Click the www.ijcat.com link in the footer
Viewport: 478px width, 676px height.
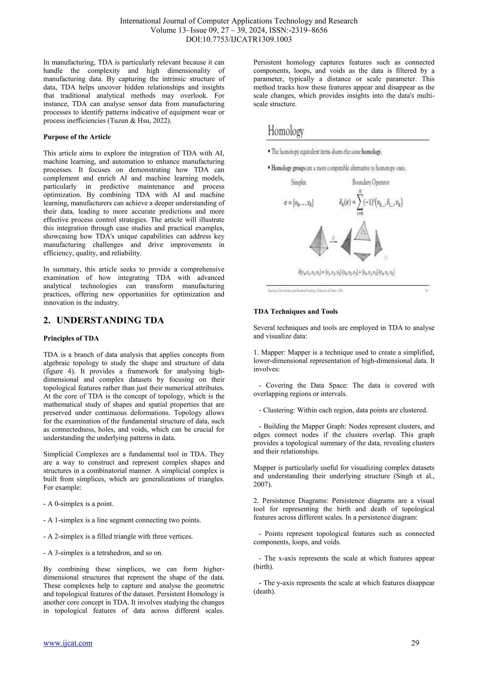68,643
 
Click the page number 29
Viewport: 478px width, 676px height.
415,642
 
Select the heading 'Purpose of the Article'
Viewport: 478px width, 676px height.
77,137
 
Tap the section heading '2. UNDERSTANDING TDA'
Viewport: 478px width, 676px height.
104,320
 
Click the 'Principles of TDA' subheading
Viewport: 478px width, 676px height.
71,338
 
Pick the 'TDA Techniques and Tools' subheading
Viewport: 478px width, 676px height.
295,311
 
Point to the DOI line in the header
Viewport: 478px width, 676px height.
239,39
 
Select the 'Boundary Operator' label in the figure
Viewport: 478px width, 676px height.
371,183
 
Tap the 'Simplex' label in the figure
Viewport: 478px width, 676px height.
299,183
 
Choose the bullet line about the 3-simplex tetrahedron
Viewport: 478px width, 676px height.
103,553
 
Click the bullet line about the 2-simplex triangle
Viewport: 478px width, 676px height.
118,536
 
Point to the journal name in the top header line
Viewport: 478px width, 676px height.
239,21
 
